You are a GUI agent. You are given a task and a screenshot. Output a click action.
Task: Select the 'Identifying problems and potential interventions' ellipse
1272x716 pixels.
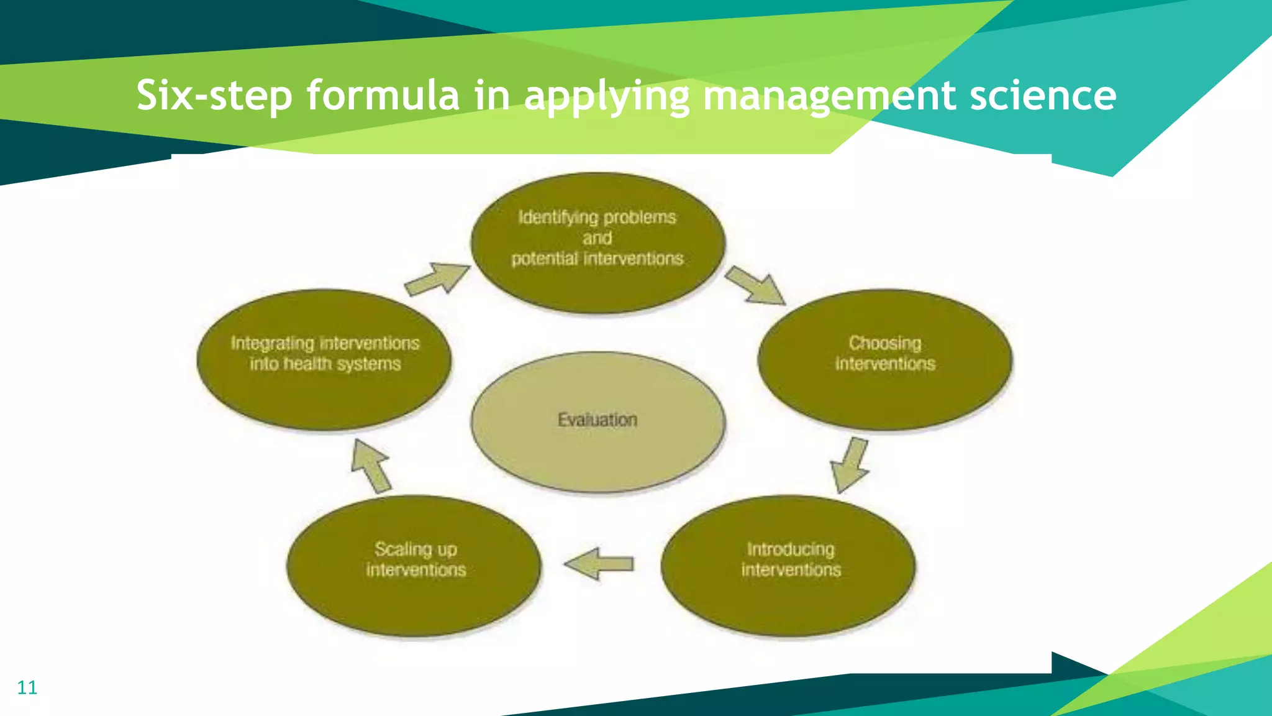point(597,242)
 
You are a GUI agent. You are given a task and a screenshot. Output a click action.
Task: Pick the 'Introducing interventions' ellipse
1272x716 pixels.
point(789,566)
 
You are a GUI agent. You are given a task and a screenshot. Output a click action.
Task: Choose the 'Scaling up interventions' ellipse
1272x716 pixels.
point(414,566)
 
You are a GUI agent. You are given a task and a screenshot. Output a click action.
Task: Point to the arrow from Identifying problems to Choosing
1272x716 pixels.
point(756,287)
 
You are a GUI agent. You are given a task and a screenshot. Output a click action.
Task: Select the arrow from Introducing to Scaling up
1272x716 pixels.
point(599,564)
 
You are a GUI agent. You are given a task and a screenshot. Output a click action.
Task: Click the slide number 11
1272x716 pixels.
point(27,687)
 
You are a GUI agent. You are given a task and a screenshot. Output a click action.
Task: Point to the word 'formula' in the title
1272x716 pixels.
point(383,96)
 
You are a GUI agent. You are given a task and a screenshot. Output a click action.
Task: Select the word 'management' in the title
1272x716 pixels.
point(829,96)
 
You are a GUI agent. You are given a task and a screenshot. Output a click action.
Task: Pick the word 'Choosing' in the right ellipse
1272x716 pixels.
point(885,343)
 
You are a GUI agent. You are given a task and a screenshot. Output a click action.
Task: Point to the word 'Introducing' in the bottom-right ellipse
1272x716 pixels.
point(791,549)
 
